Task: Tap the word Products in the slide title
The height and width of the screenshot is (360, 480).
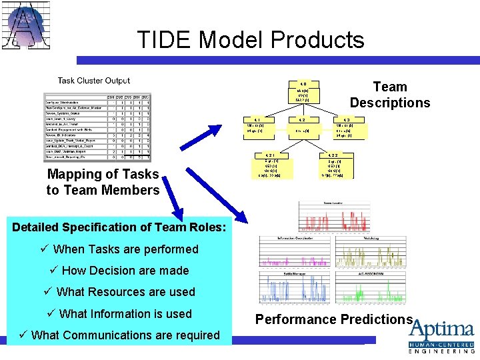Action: (x=318, y=41)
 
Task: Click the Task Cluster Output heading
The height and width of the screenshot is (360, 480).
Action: (x=94, y=81)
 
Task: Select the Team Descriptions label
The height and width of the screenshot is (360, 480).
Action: (x=390, y=95)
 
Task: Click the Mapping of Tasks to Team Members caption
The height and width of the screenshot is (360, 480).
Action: (x=103, y=182)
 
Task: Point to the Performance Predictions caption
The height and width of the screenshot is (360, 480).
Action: (x=333, y=319)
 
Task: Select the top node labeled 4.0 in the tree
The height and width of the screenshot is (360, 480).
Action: (x=302, y=91)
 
